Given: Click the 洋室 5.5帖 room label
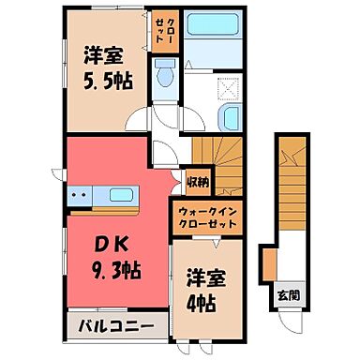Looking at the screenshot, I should pos(101,68).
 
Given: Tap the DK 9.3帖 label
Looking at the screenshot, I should pos(112,260).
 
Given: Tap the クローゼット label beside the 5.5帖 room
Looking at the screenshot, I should pos(165,32).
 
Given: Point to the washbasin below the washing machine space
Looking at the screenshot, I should pos(230,118).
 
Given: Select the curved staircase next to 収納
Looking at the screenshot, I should pos(217,149).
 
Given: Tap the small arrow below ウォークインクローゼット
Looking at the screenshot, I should pos(217,242).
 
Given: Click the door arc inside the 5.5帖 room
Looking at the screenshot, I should pos(138,119).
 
